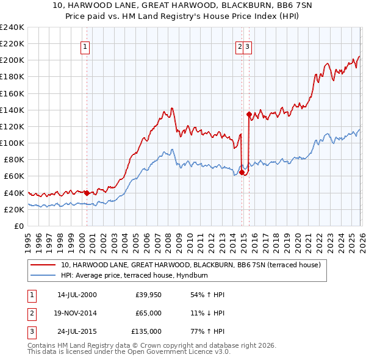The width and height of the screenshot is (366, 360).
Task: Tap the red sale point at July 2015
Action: (x=249, y=114)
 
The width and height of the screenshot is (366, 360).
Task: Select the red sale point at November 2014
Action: (x=242, y=172)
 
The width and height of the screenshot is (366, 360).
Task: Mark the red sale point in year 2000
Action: (x=87, y=193)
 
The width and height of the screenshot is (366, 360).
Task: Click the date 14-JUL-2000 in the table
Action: (x=77, y=295)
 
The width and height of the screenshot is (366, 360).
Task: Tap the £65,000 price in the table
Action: (x=148, y=313)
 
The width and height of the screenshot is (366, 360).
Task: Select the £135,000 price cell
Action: (x=146, y=331)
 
